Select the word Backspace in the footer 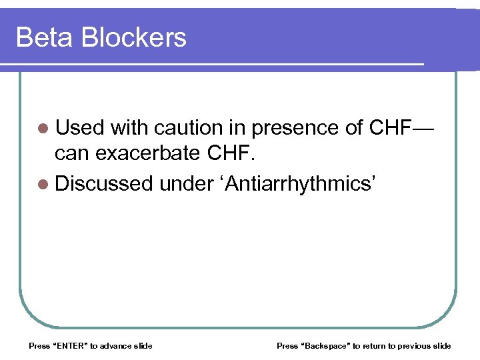327,345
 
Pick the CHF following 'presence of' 391,127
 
